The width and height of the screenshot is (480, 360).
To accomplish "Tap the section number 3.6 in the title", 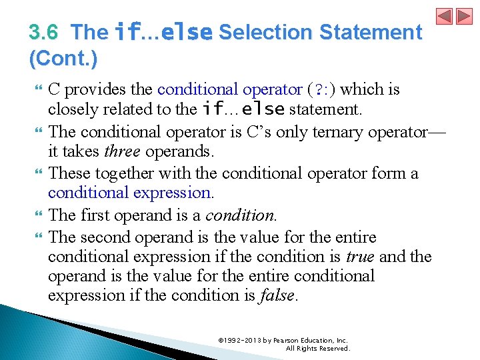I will coord(44,32).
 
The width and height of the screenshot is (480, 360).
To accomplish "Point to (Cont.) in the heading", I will coord(63,59).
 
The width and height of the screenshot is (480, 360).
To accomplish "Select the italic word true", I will coord(359,257).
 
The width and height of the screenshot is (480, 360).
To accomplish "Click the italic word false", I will coord(276,295).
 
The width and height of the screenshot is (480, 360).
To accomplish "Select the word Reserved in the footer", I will coord(335,348).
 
